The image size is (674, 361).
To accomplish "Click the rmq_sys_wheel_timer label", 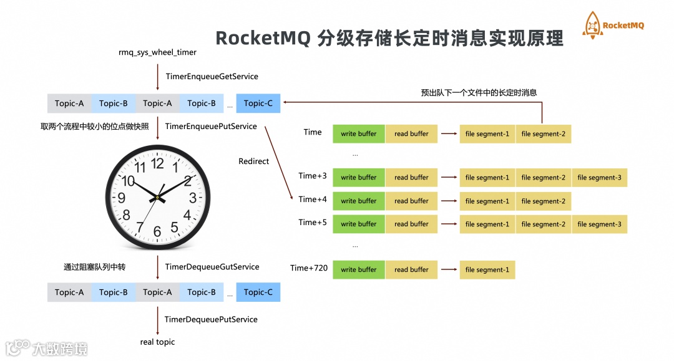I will (157, 52).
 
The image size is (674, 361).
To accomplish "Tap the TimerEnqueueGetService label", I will (212, 76).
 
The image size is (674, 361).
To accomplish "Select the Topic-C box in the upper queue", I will (258, 103).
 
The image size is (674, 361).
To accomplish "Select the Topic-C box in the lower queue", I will (258, 292).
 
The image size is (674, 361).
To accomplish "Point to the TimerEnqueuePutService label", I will (211, 127).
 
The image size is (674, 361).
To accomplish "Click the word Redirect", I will (254, 161).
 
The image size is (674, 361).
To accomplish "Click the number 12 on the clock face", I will (157, 163).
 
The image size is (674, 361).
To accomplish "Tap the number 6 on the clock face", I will (157, 231).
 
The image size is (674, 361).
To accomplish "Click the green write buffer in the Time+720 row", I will (359, 270).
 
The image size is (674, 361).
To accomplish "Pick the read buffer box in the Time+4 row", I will (411, 201).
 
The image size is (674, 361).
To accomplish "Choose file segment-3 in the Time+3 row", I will (599, 178).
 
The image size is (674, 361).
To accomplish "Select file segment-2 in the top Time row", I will (543, 134).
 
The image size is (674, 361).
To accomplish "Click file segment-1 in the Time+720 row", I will (487, 270).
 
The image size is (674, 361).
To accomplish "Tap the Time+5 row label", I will (313, 223).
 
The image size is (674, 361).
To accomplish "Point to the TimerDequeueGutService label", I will (212, 267).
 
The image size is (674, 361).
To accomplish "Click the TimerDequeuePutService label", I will (211, 319).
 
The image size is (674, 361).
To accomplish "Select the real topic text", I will (157, 342).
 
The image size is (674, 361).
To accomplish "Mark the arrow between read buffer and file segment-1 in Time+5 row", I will (449, 224).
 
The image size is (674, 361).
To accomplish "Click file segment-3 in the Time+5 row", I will (599, 224).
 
